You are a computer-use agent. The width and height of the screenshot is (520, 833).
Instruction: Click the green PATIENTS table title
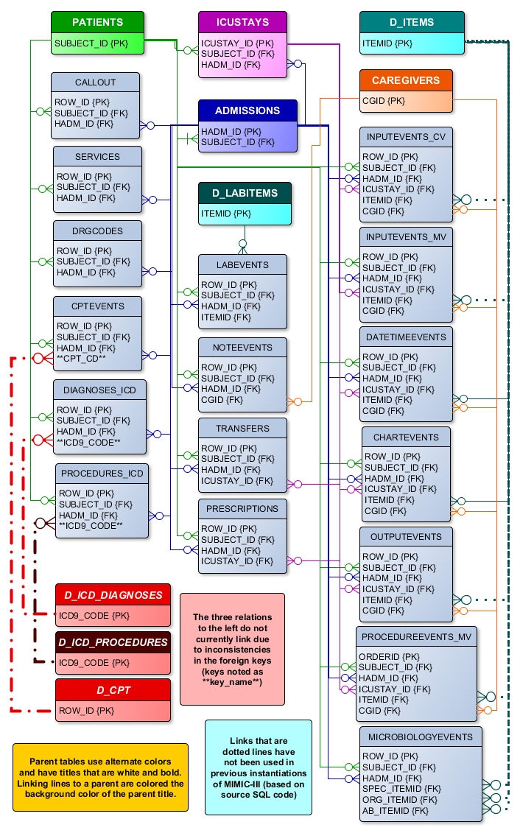coord(97,22)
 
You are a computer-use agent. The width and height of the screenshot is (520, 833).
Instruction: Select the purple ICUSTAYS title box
coord(242,22)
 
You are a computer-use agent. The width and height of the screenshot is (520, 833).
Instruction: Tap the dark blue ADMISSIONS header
coord(247,110)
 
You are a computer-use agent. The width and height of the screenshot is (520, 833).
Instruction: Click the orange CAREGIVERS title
coord(406,80)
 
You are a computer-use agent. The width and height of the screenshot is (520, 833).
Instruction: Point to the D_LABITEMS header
coord(245,193)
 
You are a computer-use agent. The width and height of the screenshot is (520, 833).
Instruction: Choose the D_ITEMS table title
coord(412,22)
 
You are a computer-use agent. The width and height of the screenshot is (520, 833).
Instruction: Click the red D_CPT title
coord(113,690)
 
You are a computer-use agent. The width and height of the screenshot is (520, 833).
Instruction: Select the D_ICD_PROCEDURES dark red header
coord(113,642)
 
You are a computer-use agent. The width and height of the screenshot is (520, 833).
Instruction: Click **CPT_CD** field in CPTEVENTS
coord(81,359)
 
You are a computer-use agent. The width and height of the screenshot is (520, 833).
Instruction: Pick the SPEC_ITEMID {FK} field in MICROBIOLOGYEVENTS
coord(401,789)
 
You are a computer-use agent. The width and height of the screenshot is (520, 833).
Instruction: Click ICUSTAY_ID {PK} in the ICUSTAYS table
coord(237,43)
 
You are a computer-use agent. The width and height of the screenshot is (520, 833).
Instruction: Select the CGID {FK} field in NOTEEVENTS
coord(222,399)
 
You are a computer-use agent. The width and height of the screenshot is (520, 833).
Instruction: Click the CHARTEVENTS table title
coord(406,437)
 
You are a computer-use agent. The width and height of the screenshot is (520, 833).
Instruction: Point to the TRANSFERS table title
coord(242,428)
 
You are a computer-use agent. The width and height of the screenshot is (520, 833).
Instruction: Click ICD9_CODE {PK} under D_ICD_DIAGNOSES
coord(94,615)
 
